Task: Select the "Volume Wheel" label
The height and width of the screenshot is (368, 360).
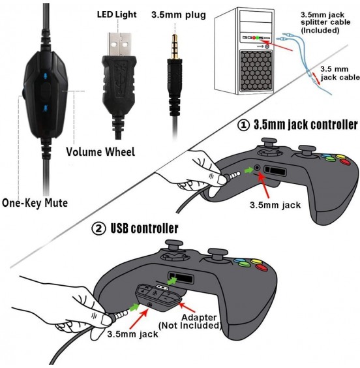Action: click(100, 152)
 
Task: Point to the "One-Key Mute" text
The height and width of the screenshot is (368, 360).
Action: click(34, 203)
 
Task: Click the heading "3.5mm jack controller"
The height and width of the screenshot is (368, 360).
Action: click(305, 125)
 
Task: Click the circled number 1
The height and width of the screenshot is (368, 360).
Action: click(241, 125)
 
